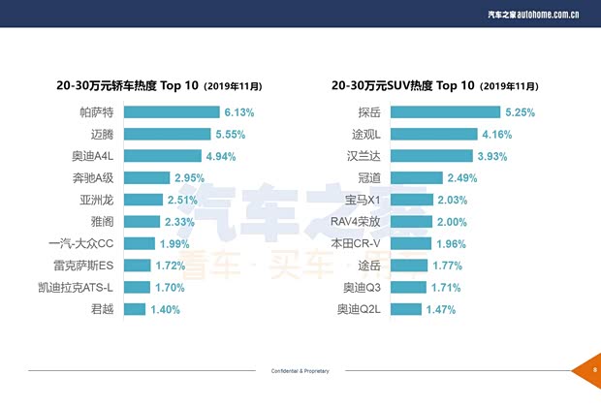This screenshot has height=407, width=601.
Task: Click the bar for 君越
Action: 135,309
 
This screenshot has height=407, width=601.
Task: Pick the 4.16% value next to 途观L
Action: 496,134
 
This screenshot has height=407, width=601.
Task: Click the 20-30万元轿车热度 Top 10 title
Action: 159,85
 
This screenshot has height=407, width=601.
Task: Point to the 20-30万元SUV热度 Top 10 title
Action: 433,85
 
